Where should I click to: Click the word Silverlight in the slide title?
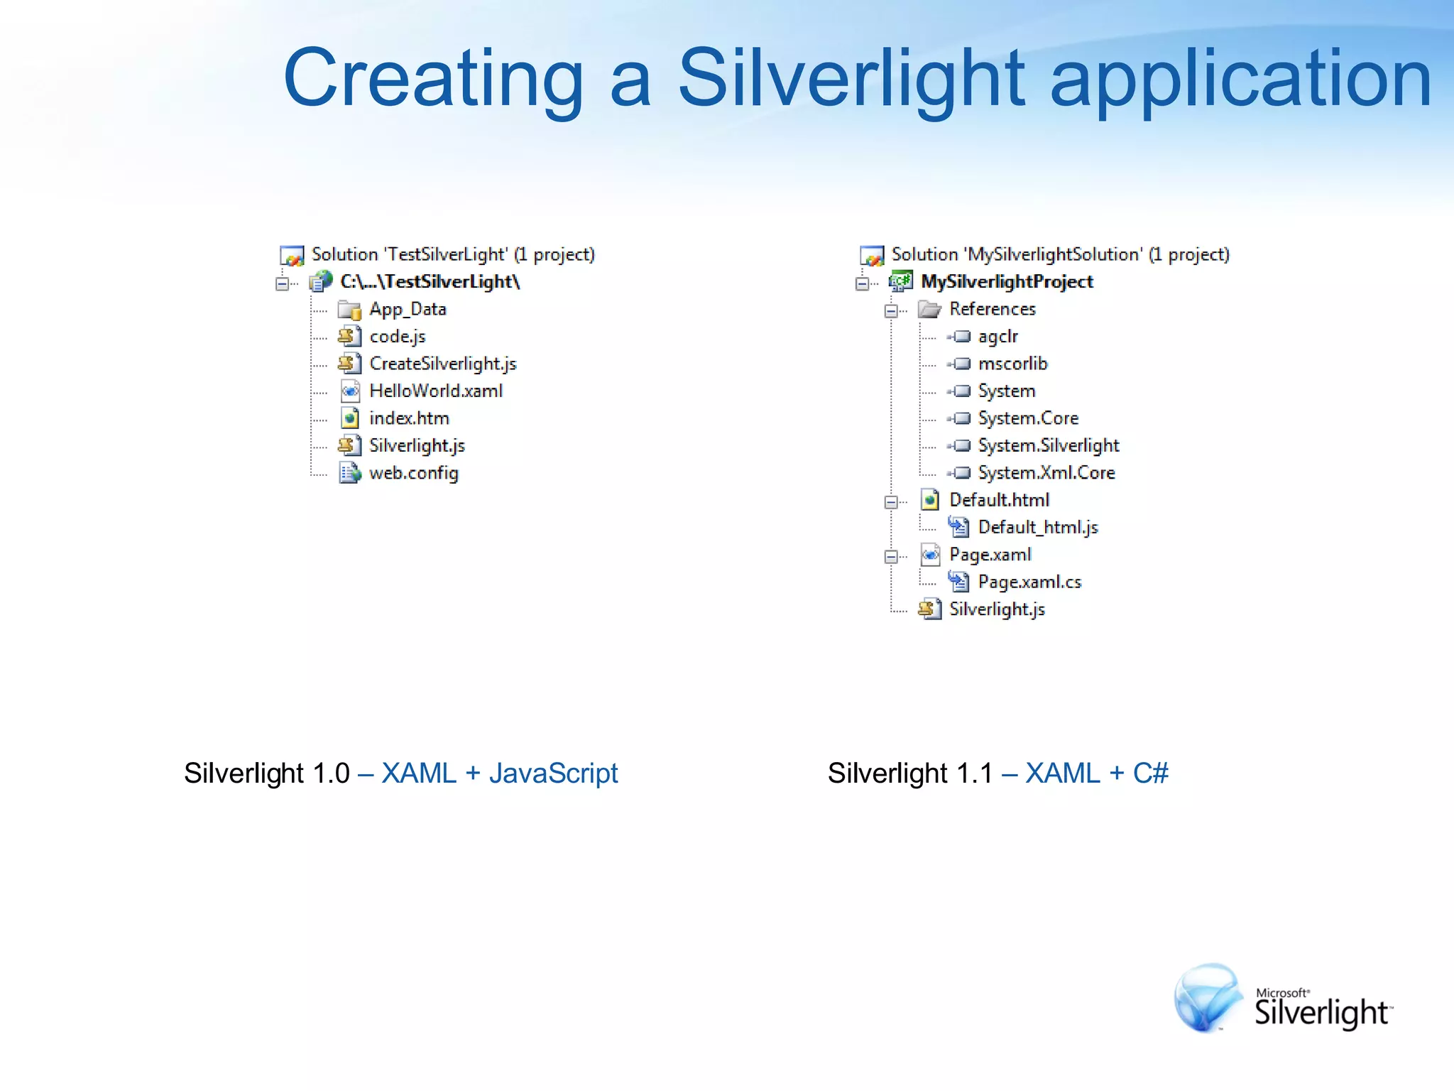[x=851, y=78]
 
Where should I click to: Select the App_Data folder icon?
[x=349, y=310]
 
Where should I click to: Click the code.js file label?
[x=397, y=337]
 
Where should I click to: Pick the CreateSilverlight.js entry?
[x=442, y=364]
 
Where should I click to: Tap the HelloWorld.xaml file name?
[x=435, y=391]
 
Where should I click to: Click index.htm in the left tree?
[x=409, y=418]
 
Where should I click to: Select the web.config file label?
[x=413, y=473]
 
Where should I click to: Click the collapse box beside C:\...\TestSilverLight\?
[x=282, y=283]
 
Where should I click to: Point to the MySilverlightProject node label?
[x=1006, y=282]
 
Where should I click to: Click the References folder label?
[x=992, y=309]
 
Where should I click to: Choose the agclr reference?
[x=997, y=337]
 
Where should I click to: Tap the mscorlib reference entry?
[x=1012, y=364]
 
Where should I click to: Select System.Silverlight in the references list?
[x=1048, y=445]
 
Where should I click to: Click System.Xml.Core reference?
[x=1046, y=473]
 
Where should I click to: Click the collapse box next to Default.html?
[x=891, y=502]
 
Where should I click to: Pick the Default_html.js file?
[x=1037, y=527]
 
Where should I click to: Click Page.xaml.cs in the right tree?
[x=1029, y=582]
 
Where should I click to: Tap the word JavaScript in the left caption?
[x=553, y=774]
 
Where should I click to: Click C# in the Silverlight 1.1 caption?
[x=1149, y=774]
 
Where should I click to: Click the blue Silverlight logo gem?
[x=1206, y=997]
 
